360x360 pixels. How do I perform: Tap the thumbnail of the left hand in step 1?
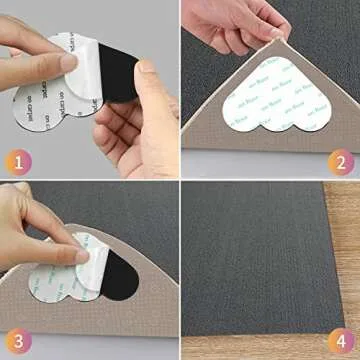point(68,61)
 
